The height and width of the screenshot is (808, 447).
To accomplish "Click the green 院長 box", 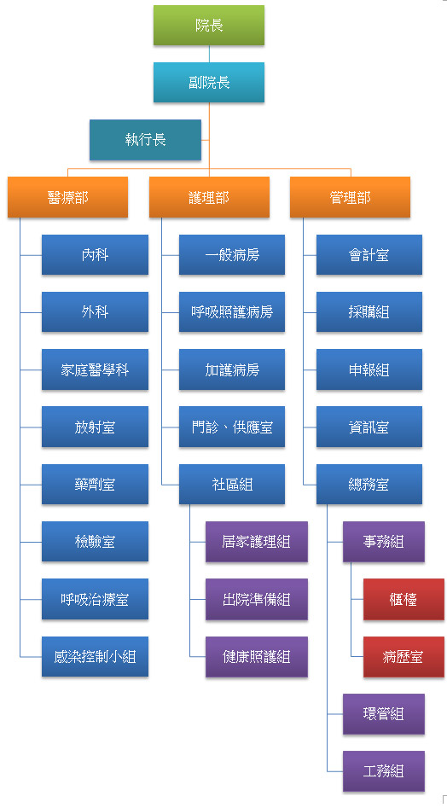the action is pyautogui.click(x=208, y=26).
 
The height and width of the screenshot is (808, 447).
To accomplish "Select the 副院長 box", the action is pyautogui.click(x=208, y=83).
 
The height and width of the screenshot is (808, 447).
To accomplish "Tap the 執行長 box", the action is pyautogui.click(x=145, y=140).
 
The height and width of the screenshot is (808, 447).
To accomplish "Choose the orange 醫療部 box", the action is pyautogui.click(x=67, y=197).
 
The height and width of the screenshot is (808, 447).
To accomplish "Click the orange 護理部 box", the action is pyautogui.click(x=209, y=197).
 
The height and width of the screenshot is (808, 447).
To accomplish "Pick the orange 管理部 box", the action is pyautogui.click(x=351, y=197).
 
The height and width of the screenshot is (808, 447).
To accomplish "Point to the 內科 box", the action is pyautogui.click(x=95, y=254).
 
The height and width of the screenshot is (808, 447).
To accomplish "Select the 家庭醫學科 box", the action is pyautogui.click(x=95, y=369).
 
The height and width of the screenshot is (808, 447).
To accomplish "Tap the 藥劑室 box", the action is pyautogui.click(x=95, y=485).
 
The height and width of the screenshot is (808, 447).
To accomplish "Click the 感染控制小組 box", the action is pyautogui.click(x=95, y=656).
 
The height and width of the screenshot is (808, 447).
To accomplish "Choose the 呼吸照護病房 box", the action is pyautogui.click(x=232, y=311).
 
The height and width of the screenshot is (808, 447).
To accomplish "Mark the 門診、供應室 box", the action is pyautogui.click(x=232, y=427).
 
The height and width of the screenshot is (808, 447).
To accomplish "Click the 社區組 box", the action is pyautogui.click(x=232, y=485).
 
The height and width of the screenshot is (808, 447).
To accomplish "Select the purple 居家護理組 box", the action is pyautogui.click(x=257, y=542).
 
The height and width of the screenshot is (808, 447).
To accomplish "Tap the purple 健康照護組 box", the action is pyautogui.click(x=257, y=656).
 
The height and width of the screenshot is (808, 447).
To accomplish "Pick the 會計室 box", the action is pyautogui.click(x=369, y=254).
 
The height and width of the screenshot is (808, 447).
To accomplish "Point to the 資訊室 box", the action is pyautogui.click(x=369, y=427).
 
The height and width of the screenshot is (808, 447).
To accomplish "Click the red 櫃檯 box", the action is pyautogui.click(x=403, y=599).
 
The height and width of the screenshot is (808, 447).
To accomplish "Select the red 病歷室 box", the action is pyautogui.click(x=403, y=656).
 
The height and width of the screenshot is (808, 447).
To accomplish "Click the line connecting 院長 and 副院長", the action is pyautogui.click(x=209, y=54).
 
